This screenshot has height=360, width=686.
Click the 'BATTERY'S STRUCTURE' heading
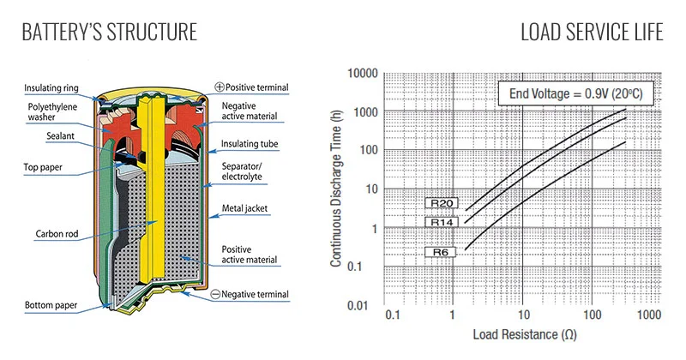click(110, 32)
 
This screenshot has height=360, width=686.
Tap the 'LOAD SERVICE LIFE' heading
click(592, 32)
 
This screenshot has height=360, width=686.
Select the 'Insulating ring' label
click(51, 88)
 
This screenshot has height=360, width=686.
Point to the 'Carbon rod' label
click(57, 234)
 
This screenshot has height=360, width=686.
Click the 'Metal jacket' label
click(244, 208)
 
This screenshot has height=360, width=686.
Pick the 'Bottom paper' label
click(51, 305)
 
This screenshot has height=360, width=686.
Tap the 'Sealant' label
click(60, 136)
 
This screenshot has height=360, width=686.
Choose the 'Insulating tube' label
click(250, 144)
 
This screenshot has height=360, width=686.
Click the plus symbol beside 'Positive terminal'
click(220, 87)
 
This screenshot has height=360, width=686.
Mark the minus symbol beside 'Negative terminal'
click(215, 294)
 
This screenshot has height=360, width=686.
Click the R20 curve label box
click(442, 203)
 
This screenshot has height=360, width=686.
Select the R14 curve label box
click(442, 222)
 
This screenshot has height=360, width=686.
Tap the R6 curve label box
click(440, 252)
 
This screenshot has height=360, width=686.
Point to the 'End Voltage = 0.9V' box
click(575, 93)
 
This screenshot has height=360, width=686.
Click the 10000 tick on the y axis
click(363, 73)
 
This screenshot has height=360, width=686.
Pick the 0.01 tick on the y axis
click(358, 305)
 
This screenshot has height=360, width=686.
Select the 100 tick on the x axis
click(592, 315)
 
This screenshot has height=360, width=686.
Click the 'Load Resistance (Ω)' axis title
click(525, 334)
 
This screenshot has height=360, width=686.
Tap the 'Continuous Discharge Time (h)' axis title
click(335, 189)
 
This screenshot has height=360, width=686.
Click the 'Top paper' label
click(43, 167)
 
